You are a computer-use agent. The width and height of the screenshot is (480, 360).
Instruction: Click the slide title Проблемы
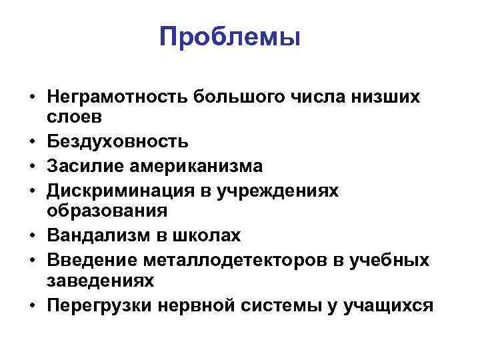230,36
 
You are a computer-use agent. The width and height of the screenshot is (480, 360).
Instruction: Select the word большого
238,97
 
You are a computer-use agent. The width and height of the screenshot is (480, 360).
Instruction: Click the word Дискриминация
117,190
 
